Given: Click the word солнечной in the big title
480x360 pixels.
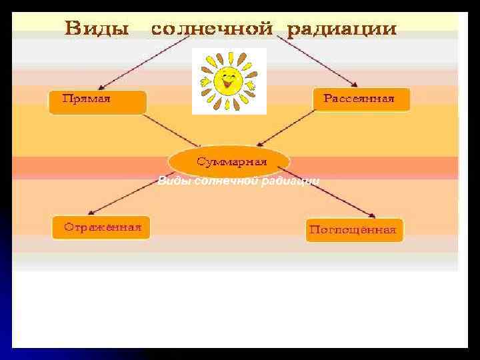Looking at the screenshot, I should tap(212, 30).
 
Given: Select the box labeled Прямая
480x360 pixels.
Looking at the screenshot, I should tap(97, 101).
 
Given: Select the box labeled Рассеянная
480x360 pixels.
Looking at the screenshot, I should tap(361, 99).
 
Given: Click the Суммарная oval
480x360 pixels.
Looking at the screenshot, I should tap(229, 162).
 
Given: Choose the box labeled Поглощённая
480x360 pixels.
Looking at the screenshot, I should tap(354, 230).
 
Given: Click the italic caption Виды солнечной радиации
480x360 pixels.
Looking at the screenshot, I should tap(238, 181).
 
